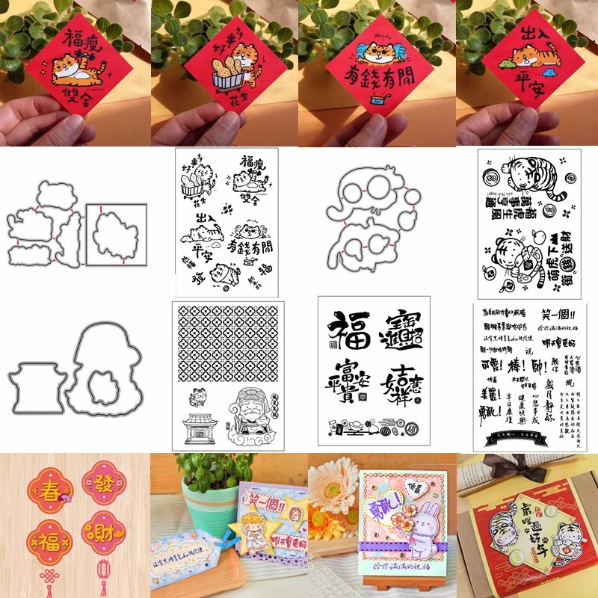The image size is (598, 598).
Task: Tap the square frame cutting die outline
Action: pos(116,233)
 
